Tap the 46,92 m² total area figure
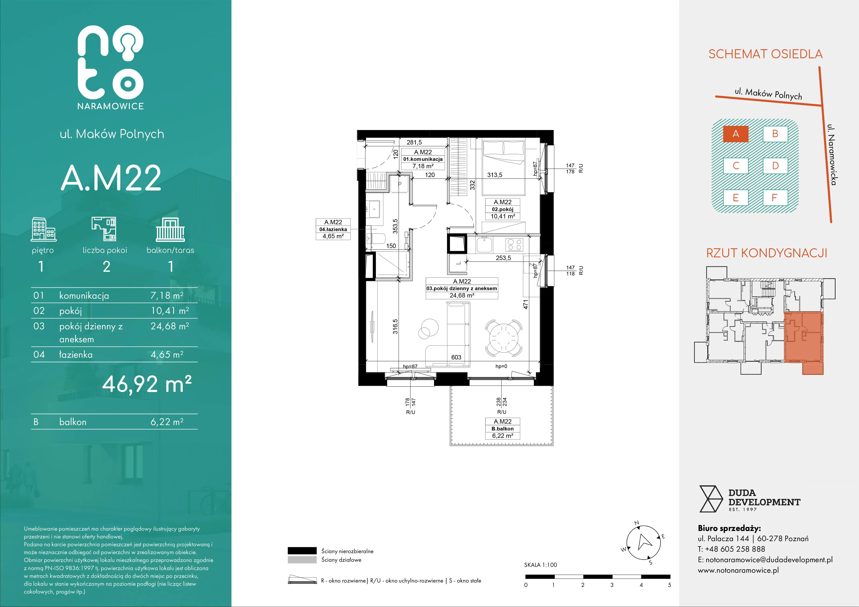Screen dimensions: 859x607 147,384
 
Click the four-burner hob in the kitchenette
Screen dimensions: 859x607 514,245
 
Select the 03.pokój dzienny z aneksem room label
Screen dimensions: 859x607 462,288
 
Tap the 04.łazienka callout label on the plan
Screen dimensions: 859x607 333,229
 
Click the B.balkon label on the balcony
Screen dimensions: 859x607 502,429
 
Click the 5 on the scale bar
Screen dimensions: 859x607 669,585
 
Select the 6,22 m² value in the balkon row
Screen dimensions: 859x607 167,422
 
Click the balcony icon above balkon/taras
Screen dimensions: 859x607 170,230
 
